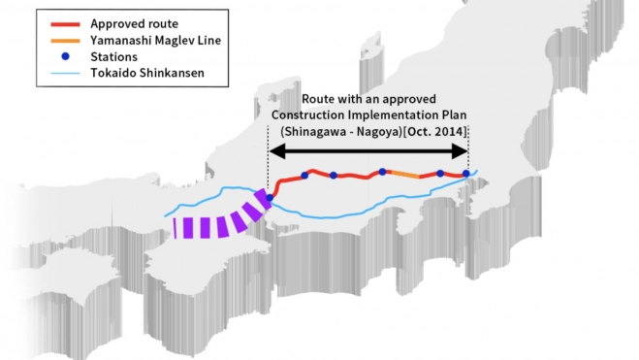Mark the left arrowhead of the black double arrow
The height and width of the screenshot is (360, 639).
[275, 151]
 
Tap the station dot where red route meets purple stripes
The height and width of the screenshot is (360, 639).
[270, 198]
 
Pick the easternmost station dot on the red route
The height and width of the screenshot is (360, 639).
[466, 174]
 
